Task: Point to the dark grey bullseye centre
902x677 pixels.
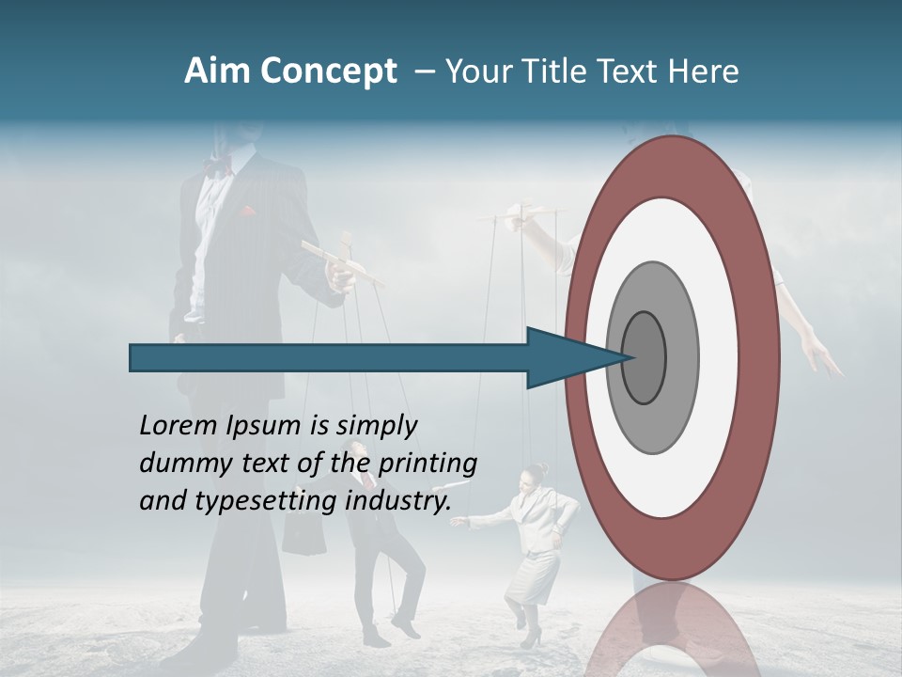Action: (645, 357)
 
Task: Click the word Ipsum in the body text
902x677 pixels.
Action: (261, 426)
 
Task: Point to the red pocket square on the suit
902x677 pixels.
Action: (247, 211)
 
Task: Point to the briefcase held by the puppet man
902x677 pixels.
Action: (303, 536)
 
